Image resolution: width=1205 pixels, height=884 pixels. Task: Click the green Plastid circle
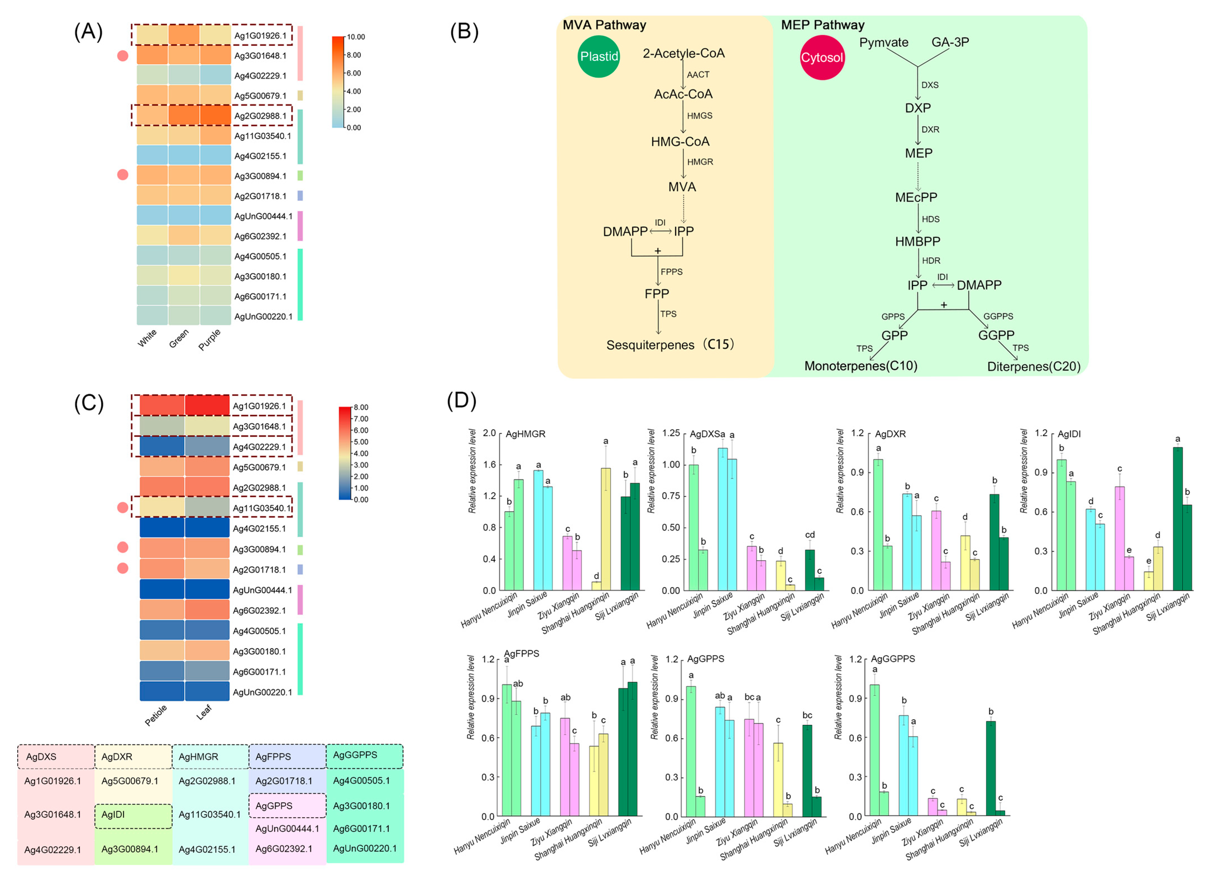(x=599, y=57)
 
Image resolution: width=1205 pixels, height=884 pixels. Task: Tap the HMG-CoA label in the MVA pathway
(x=680, y=142)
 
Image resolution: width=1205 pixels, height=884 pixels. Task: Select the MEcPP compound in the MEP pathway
(x=916, y=198)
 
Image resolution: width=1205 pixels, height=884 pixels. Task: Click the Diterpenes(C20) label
(x=1033, y=367)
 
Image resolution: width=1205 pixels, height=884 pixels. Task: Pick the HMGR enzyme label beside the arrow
(x=700, y=162)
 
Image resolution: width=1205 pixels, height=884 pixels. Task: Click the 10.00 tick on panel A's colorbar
(x=355, y=37)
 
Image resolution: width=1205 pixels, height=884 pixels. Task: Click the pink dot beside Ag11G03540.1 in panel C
(x=123, y=507)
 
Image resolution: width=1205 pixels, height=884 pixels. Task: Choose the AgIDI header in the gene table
(x=113, y=815)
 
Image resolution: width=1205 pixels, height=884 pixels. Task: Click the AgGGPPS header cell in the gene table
(x=355, y=755)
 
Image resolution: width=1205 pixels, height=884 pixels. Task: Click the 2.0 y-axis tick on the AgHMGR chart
(x=489, y=433)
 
